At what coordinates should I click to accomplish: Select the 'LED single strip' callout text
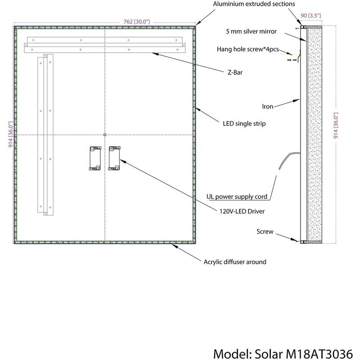coord(244,122)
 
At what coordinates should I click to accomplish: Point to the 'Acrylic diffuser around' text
coord(235,261)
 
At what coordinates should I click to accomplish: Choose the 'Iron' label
coord(268,107)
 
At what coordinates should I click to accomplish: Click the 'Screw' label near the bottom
coord(265,232)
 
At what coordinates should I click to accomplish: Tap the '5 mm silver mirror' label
coord(251,31)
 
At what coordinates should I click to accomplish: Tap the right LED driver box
coord(115,158)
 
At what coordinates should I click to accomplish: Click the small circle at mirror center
coord(105,135)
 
